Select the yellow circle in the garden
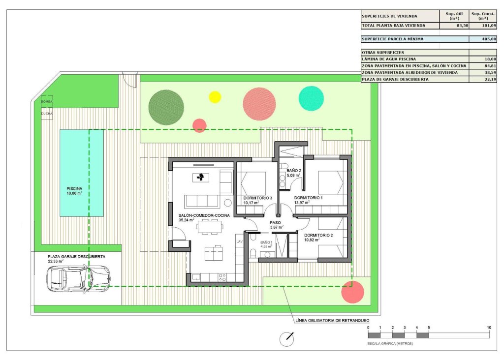tap(215, 97)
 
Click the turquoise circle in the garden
tap(311, 98)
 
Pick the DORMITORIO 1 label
tap(308, 197)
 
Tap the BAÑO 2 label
tap(294, 171)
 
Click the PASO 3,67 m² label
tap(276, 223)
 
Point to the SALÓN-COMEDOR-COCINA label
tap(203, 215)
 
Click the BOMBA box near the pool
tap(47, 101)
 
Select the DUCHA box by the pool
tap(47, 114)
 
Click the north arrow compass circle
tap(286, 339)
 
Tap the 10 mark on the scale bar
tap(489, 328)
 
